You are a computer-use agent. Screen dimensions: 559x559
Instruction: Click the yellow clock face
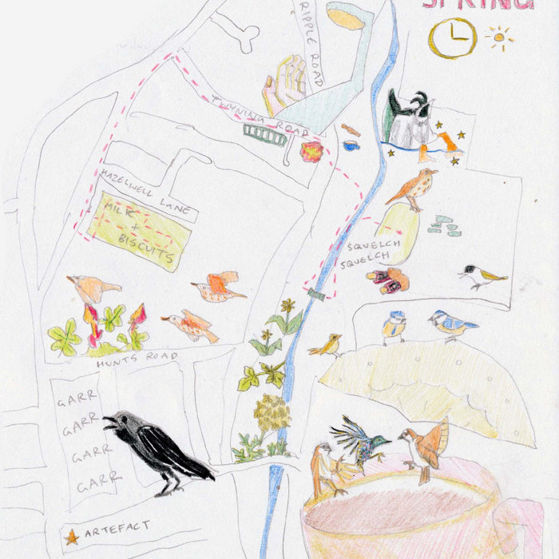[x=452, y=38]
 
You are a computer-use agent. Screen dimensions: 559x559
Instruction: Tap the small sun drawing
[x=500, y=38]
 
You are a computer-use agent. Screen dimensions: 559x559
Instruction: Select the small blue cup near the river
[x=351, y=145]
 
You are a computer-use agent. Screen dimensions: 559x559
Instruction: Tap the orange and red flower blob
[x=311, y=151]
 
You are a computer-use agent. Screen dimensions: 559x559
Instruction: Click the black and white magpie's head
[x=420, y=105]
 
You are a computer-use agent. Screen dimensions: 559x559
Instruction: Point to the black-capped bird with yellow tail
[x=482, y=276]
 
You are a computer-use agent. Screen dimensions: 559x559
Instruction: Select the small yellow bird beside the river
[x=327, y=345]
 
